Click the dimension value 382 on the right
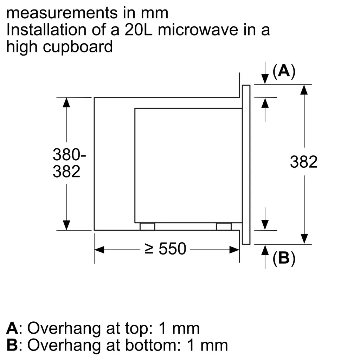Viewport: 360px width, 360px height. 304,162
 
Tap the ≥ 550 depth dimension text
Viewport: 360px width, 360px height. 165,249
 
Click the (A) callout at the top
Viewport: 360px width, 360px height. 284,71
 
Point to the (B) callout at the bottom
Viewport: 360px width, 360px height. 284,258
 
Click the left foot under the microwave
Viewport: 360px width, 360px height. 147,227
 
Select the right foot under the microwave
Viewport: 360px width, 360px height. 224,227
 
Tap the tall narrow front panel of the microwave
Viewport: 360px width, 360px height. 246,164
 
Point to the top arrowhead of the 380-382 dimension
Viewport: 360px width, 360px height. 66,102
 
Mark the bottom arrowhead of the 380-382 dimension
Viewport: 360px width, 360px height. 66,225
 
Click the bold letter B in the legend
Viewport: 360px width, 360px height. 12,345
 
